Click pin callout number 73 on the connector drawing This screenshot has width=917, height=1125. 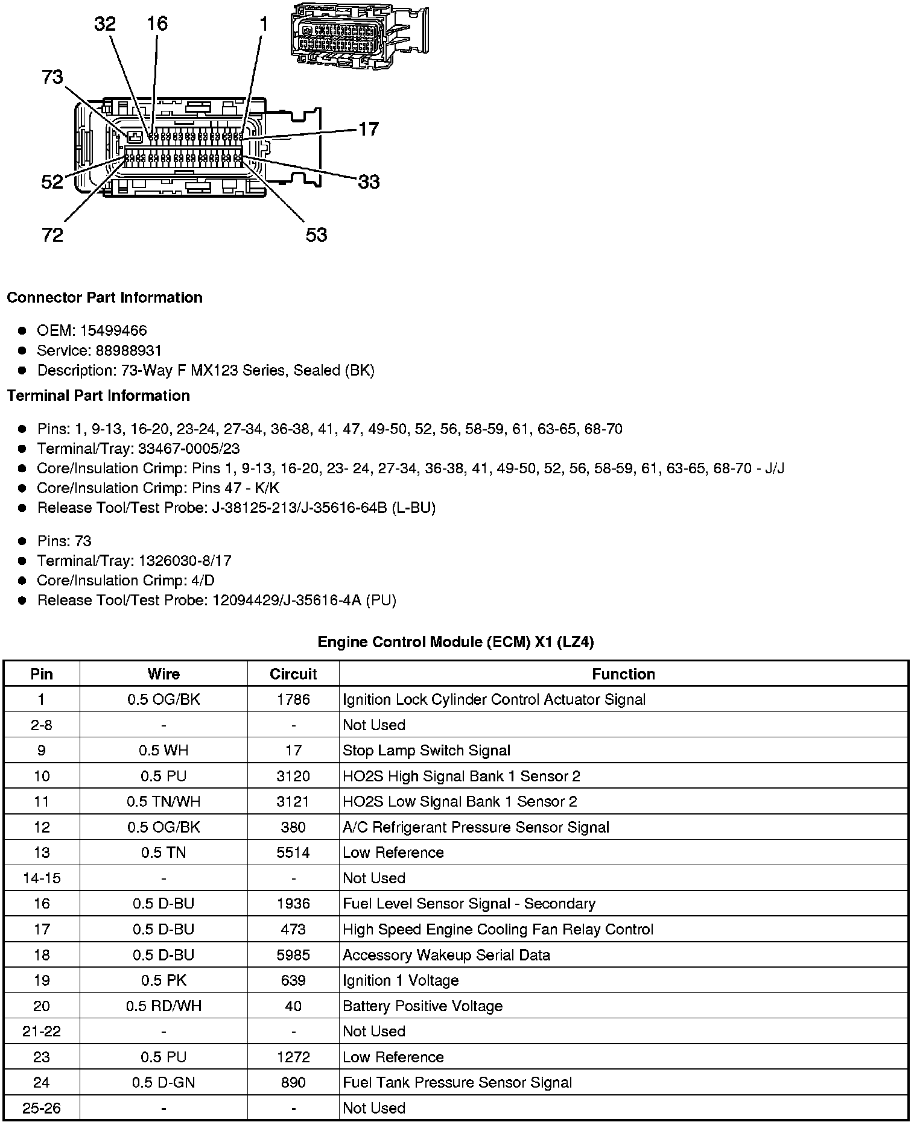click(52, 77)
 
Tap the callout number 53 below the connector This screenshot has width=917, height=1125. click(316, 235)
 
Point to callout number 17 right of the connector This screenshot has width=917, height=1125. click(369, 129)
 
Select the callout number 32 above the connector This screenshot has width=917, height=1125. click(105, 24)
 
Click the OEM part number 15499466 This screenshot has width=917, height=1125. click(113, 330)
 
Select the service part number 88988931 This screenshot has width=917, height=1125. click(129, 350)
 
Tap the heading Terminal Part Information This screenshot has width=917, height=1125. click(98, 395)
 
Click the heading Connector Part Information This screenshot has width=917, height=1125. click(105, 298)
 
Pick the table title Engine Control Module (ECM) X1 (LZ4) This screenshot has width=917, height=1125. click(455, 642)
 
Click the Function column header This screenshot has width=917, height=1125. click(623, 674)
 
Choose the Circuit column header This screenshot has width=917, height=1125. click(293, 674)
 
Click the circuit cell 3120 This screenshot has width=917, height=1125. click(293, 776)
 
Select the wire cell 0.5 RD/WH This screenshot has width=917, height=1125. click(163, 1006)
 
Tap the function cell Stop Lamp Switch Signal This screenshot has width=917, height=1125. click(427, 751)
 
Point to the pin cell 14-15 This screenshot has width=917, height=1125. click(42, 878)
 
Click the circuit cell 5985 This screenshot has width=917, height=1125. click(293, 955)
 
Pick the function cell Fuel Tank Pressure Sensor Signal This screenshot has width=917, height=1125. click(457, 1083)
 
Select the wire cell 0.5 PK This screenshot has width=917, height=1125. click(163, 981)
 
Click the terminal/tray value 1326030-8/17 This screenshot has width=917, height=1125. click(185, 561)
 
